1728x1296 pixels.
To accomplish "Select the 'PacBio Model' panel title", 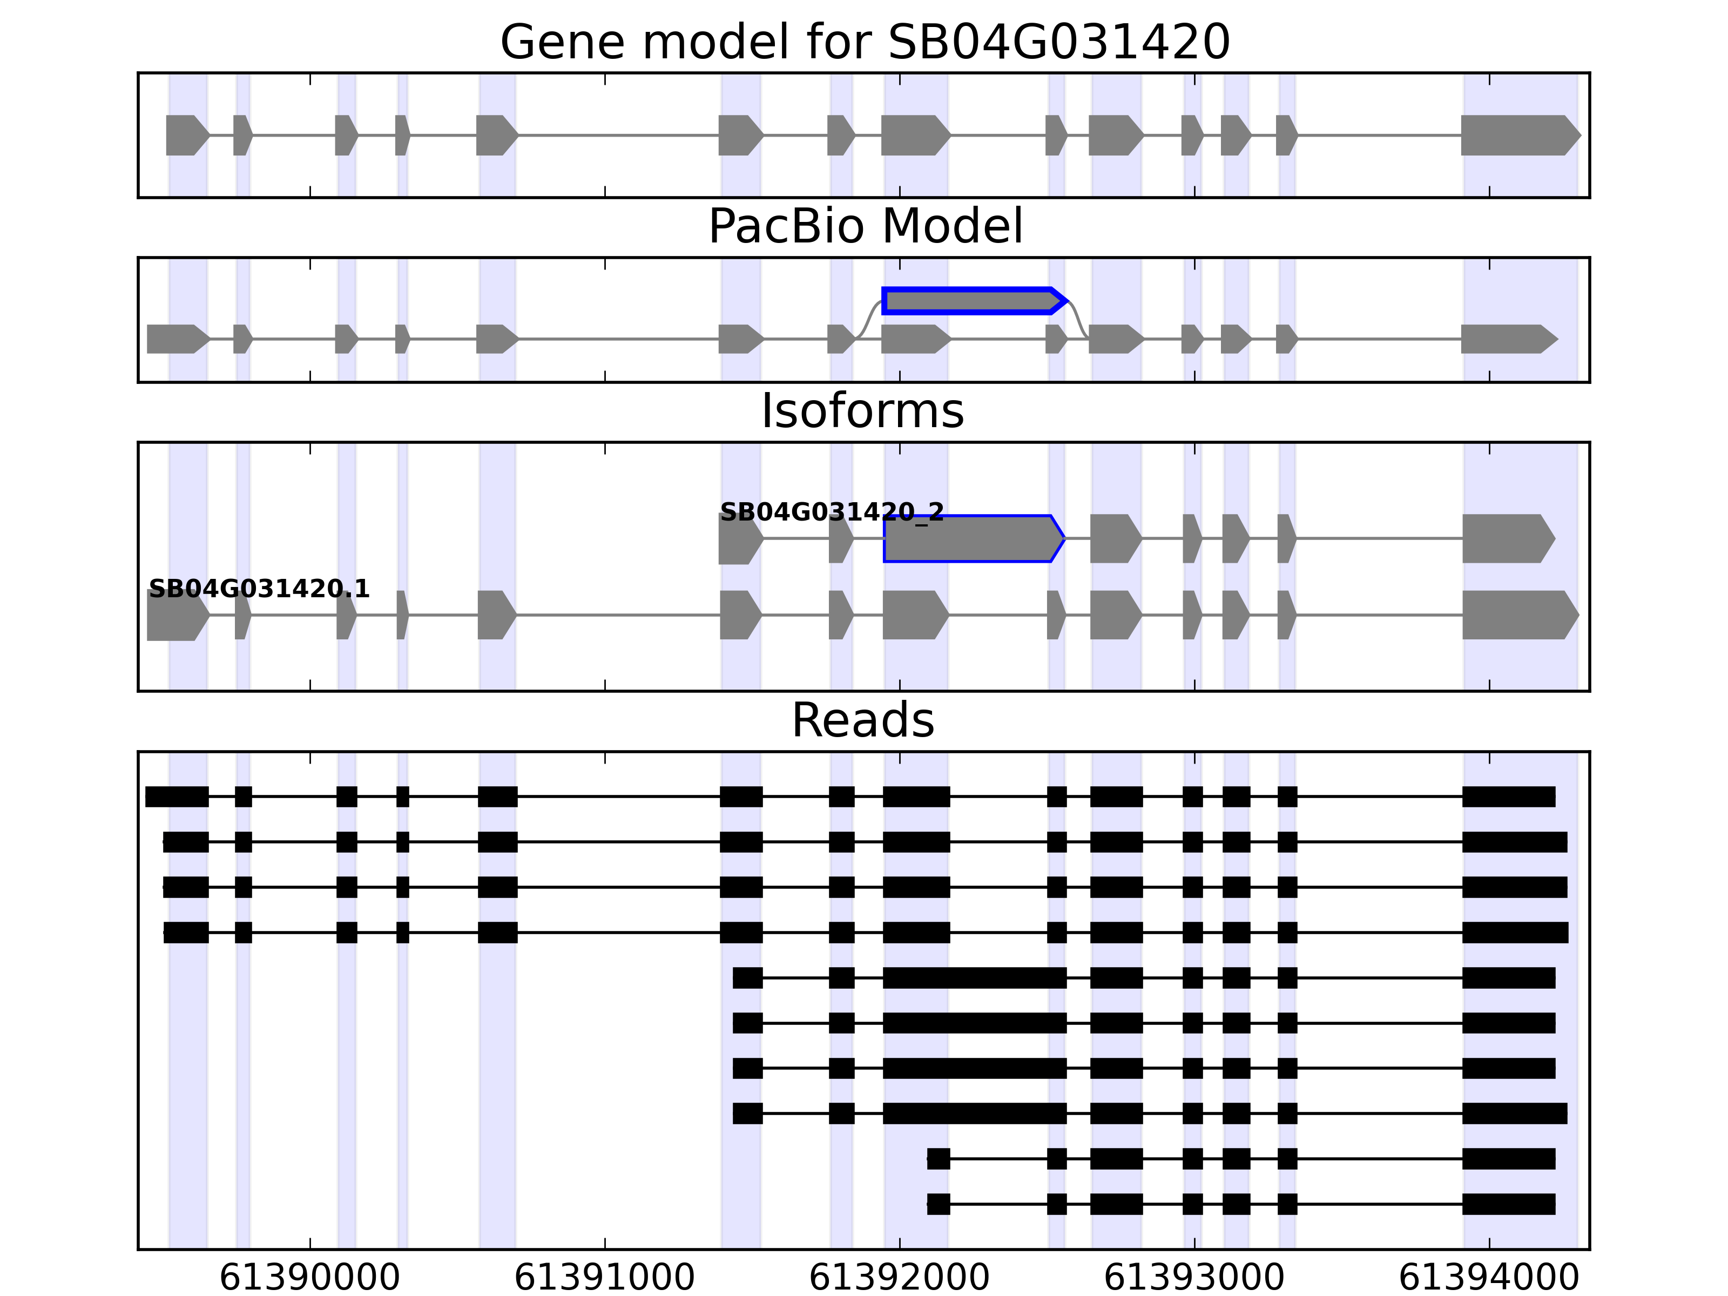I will click(x=865, y=227).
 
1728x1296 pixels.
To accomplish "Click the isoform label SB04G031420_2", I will click(x=831, y=512).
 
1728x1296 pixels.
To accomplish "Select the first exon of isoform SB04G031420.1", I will click(x=177, y=616).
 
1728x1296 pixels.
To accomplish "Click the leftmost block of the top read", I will click(x=177, y=797).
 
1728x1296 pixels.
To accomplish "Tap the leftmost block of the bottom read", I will click(x=938, y=1204).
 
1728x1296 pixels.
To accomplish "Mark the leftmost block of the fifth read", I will click(x=747, y=978).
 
